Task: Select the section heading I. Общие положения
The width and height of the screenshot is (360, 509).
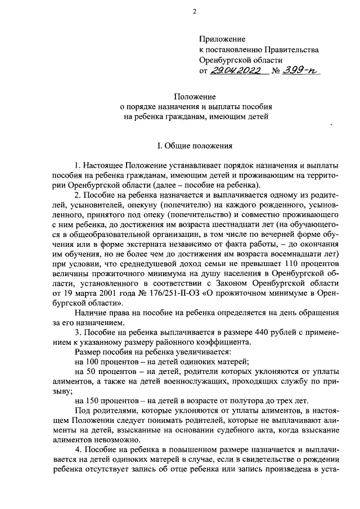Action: point(194,146)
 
